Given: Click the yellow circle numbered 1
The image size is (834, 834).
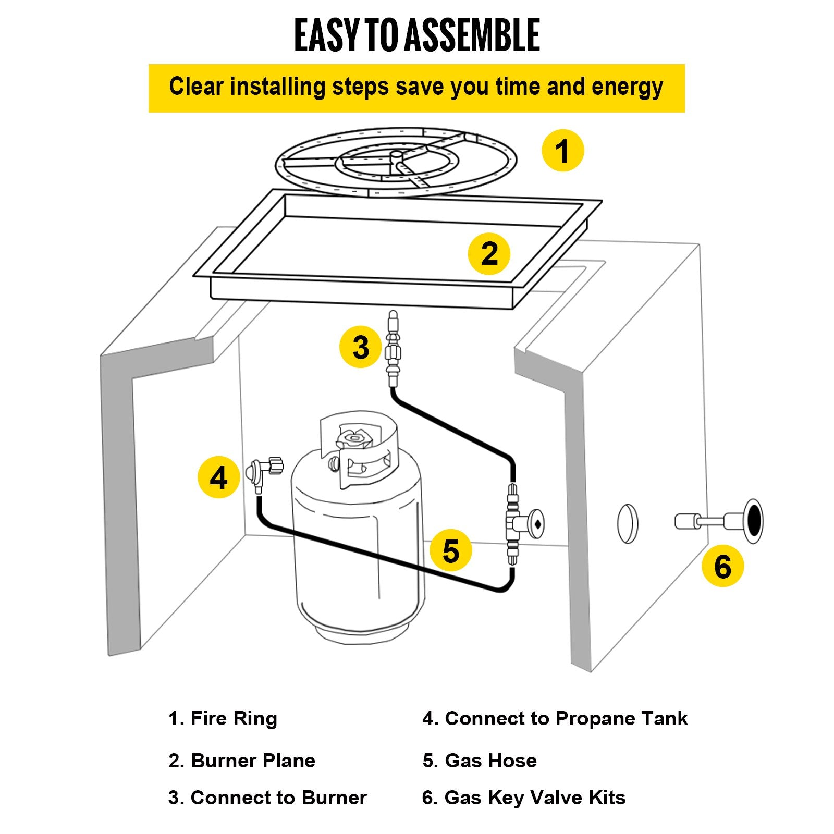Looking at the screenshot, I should click(x=562, y=151).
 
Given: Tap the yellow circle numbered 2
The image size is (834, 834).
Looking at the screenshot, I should click(x=489, y=254).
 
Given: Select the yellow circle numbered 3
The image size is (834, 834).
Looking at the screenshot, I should click(x=361, y=347).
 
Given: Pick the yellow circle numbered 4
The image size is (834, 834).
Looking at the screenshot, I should click(x=218, y=477).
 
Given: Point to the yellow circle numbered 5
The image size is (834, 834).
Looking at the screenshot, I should click(x=451, y=550).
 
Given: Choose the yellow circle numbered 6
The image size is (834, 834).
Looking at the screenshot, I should click(x=722, y=566).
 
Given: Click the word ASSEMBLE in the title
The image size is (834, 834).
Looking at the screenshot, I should click(x=472, y=35).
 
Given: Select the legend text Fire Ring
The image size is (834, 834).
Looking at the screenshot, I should click(x=234, y=718).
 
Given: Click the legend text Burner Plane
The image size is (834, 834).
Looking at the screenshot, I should click(x=253, y=761).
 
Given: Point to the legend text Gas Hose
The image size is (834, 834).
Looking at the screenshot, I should click(x=490, y=761).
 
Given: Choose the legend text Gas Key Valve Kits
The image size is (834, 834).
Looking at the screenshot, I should click(x=534, y=798).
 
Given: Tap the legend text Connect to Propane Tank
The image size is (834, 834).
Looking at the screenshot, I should click(x=566, y=718).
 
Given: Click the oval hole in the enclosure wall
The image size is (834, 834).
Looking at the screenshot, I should click(x=627, y=524).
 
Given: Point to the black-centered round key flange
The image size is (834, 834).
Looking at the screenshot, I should click(x=753, y=521).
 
